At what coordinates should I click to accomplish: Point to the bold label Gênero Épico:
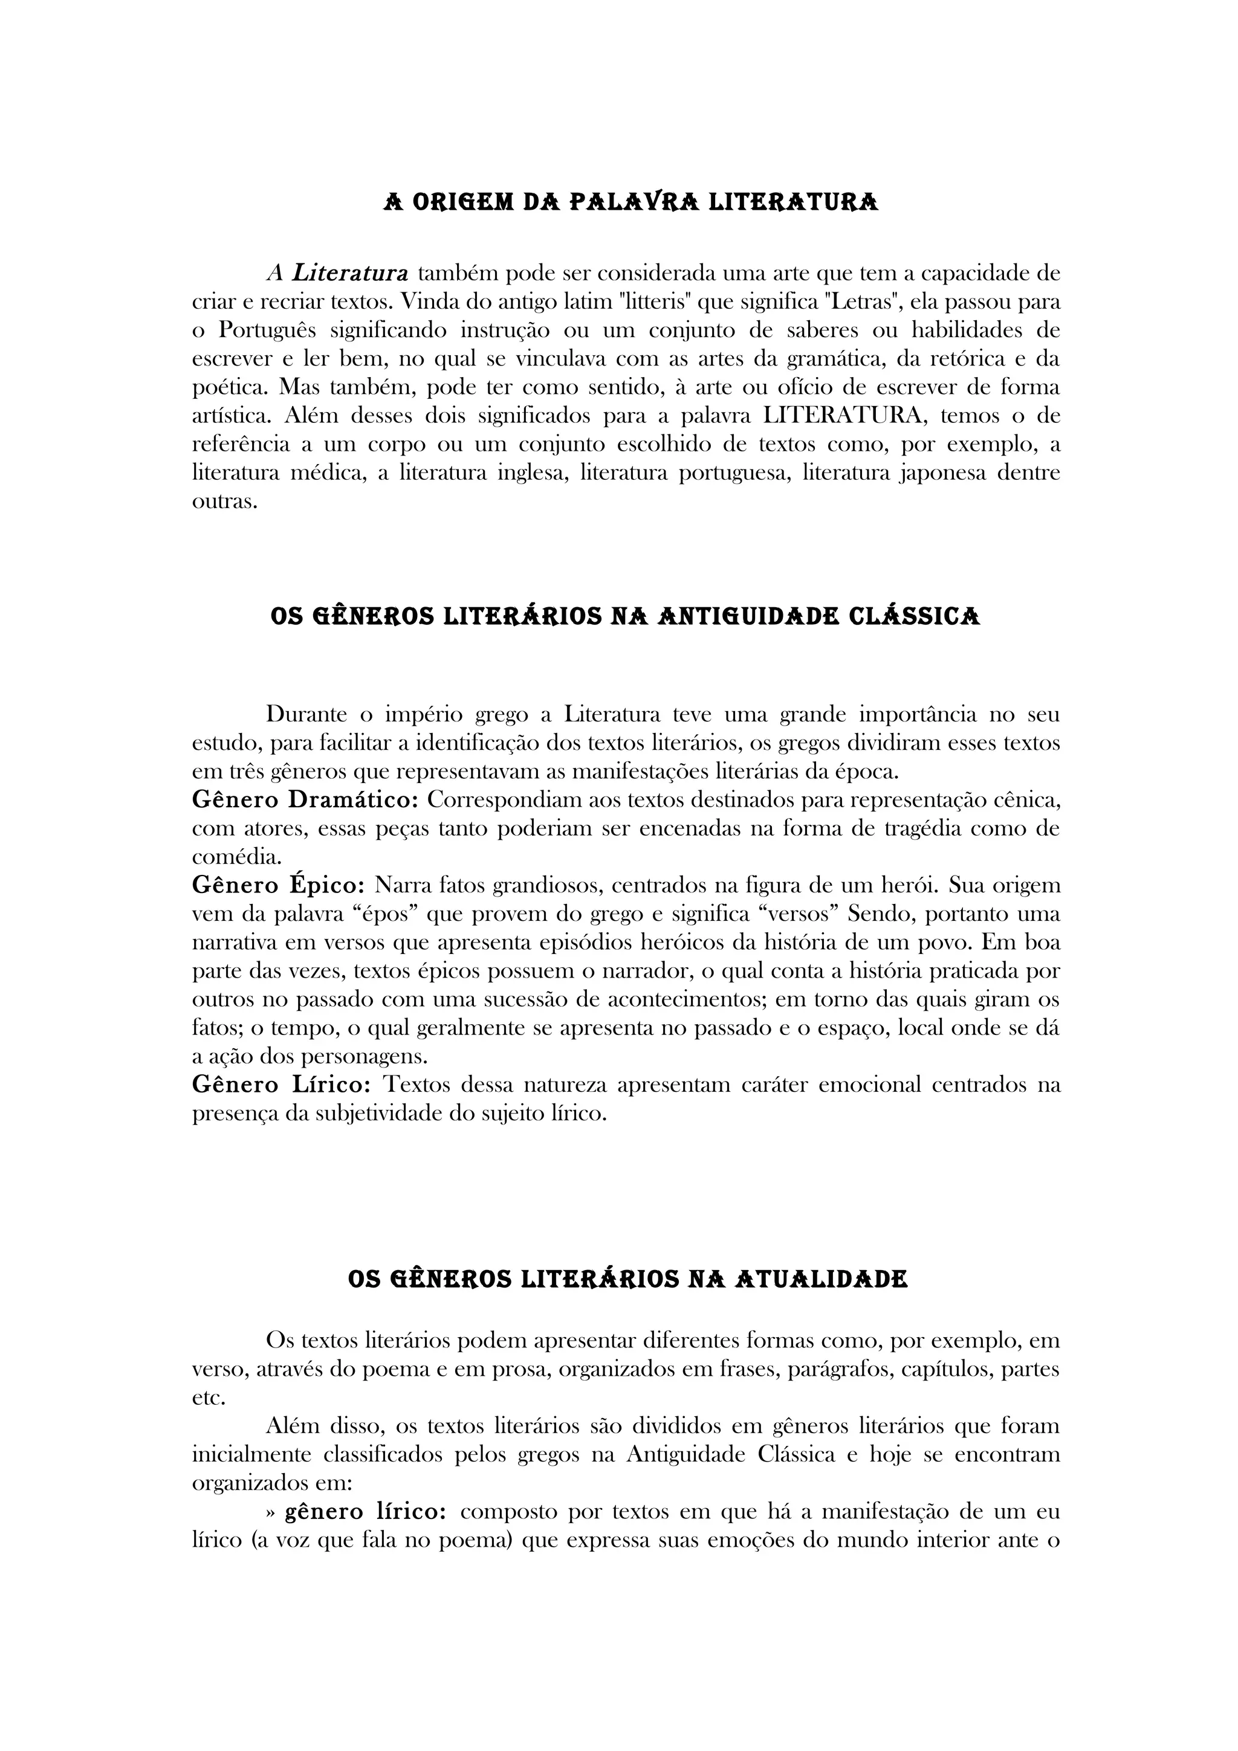click(279, 885)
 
